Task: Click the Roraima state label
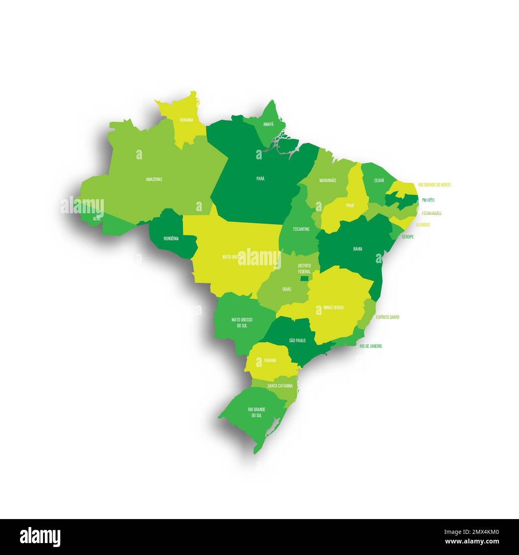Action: point(186,120)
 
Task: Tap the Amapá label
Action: point(268,124)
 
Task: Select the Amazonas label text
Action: point(154,179)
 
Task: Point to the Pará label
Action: point(260,178)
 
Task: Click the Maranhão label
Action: point(327,180)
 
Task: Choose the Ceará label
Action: point(379,180)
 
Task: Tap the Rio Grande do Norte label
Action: point(434,185)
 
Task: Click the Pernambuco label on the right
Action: point(431,213)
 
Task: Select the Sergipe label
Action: point(408,237)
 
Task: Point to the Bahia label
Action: point(358,249)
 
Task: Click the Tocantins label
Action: point(301,229)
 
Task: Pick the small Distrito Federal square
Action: point(305,279)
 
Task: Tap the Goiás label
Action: point(287,289)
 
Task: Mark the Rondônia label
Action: point(171,238)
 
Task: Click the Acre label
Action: point(97,219)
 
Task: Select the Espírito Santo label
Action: point(387,317)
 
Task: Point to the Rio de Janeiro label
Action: point(370,346)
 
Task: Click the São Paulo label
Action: point(297,340)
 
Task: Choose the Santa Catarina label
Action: point(280,386)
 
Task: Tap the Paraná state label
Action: point(270,360)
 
